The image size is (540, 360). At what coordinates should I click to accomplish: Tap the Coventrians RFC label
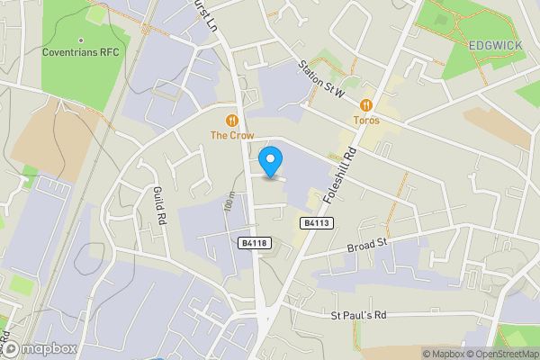pyautogui.click(x=80, y=52)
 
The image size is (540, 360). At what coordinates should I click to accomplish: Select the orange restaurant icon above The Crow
pyautogui.click(x=232, y=120)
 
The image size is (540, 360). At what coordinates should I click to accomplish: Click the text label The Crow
pyautogui.click(x=232, y=135)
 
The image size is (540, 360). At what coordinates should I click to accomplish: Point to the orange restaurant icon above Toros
pyautogui.click(x=366, y=104)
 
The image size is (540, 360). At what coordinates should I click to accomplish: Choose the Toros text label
pyautogui.click(x=366, y=120)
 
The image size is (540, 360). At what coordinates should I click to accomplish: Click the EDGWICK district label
pyautogui.click(x=495, y=44)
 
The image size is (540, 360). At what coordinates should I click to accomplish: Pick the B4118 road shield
pyautogui.click(x=254, y=243)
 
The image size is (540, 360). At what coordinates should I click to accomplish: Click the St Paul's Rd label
pyautogui.click(x=357, y=315)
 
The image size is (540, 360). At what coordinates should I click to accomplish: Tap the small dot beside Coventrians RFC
pyautogui.click(x=80, y=40)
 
